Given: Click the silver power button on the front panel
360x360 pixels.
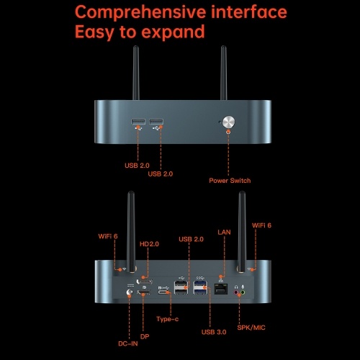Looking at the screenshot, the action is pos(228,122).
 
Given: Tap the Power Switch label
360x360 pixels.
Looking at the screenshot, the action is pos(230,181).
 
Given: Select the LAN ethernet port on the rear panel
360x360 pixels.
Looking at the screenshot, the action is pos(221,289).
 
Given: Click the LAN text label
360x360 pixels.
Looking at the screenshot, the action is pos(224,232).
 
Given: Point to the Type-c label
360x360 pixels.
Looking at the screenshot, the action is pos(168,319).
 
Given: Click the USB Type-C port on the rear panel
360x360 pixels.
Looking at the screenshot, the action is pos(163,292).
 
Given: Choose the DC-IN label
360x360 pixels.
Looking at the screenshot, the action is pos(128,343).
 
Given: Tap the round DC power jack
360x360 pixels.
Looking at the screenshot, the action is pos(130,292).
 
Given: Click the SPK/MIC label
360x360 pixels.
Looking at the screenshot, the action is pos(251,328).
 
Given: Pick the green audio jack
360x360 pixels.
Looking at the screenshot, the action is pos(243,292).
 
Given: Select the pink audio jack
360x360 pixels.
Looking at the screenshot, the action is pos(236,292).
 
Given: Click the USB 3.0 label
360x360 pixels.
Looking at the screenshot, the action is pos(214,332).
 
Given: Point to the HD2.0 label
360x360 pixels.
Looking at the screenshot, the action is pos(149,244).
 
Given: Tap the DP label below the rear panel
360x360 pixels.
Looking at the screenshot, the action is pos(145,337).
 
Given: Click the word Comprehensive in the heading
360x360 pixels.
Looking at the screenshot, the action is pos(140,12).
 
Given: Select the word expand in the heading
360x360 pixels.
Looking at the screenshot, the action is pos(173,32).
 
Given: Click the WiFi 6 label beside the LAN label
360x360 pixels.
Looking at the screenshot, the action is pos(261,225).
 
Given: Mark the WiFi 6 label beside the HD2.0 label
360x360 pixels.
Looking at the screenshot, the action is pos(108,236).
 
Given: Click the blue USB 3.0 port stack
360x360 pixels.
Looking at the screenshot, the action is pos(200,287).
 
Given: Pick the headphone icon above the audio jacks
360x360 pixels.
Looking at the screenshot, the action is pos(236,287).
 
